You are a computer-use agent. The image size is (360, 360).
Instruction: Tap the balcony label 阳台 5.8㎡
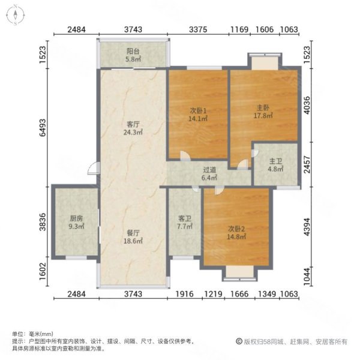tap(133, 56)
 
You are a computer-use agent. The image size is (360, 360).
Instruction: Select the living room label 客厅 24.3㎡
tap(133, 128)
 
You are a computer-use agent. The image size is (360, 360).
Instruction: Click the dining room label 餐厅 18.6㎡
tap(133, 236)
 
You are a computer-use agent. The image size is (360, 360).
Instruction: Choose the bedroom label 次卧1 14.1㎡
tap(198, 114)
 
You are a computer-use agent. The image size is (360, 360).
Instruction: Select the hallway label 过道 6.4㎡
tap(208, 174)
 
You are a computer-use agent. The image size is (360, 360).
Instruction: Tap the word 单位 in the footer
tap(18, 334)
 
